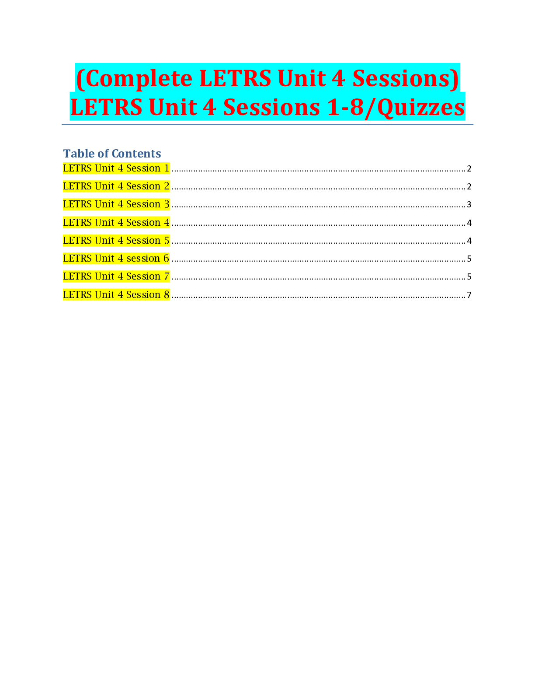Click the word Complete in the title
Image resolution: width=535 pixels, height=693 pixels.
click(139, 79)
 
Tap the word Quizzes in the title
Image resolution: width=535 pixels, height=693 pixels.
click(420, 107)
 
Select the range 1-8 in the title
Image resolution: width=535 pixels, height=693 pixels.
click(345, 107)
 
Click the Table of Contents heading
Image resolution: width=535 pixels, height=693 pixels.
click(112, 154)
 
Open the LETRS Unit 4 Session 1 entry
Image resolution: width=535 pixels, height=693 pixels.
click(116, 168)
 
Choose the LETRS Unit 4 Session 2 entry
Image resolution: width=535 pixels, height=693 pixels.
click(116, 186)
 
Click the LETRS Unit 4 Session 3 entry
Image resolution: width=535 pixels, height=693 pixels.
click(116, 204)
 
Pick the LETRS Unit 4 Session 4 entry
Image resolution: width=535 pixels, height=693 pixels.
click(116, 223)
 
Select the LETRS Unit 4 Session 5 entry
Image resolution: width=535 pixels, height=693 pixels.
click(116, 241)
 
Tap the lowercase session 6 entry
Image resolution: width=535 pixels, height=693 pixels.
click(116, 259)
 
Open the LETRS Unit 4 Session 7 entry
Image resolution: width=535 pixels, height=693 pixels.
click(116, 276)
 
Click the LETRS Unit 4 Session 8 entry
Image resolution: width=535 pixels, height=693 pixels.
click(116, 295)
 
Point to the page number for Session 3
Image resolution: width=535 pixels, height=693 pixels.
click(469, 205)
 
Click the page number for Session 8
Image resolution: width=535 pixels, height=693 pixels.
click(469, 295)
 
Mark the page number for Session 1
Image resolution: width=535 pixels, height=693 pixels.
click(469, 169)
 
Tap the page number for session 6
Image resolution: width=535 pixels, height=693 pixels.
click(469, 259)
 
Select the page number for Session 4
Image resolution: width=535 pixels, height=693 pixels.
click(469, 223)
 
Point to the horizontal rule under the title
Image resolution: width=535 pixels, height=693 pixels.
click(267, 125)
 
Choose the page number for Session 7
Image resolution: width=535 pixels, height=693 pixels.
click(469, 277)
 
